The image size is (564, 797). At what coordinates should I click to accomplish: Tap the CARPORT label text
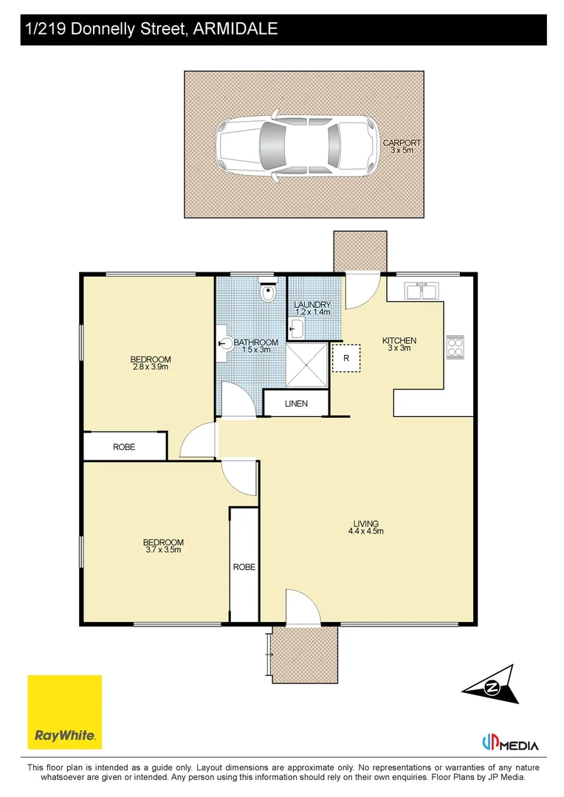(402, 143)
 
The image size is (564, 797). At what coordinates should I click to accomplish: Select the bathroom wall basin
(224, 344)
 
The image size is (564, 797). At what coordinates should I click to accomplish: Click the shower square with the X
(306, 365)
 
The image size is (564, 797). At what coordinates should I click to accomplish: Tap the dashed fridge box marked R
(345, 358)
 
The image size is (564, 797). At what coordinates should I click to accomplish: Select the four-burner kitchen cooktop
(454, 345)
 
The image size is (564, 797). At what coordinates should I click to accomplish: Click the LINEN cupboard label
(296, 404)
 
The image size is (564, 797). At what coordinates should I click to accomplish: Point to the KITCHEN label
(399, 341)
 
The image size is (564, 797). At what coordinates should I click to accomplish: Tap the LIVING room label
(366, 524)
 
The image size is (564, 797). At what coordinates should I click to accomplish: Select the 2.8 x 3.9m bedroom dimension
(151, 367)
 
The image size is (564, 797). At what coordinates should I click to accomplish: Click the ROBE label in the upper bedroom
(124, 446)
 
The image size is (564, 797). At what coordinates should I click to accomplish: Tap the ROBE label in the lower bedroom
(244, 567)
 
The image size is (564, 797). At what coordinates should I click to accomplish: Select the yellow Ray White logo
(65, 711)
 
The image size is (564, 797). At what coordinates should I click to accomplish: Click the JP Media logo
(510, 744)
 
